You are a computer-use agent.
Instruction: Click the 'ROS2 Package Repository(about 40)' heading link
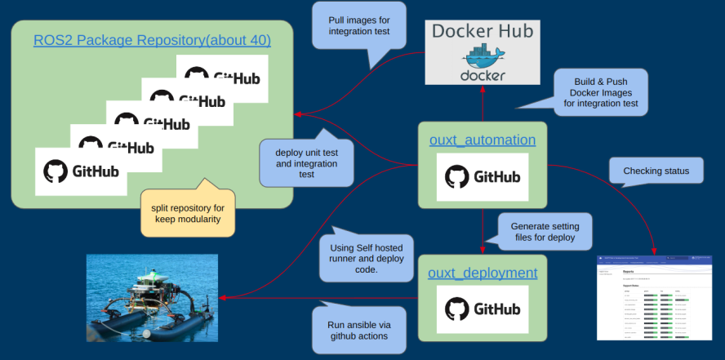click(152, 40)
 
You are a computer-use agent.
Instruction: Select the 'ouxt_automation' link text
click(482, 140)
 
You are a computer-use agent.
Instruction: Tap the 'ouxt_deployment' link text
click(483, 273)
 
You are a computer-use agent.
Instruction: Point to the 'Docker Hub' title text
click(482, 33)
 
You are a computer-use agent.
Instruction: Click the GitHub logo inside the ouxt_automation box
click(482, 177)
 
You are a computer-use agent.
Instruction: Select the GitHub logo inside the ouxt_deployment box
click(482, 309)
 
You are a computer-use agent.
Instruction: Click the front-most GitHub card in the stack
click(81, 171)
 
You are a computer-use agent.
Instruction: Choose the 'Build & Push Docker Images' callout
click(600, 88)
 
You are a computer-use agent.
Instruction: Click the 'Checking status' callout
click(656, 171)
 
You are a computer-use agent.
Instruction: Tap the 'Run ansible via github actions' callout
click(358, 329)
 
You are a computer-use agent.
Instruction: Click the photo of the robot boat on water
click(153, 297)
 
